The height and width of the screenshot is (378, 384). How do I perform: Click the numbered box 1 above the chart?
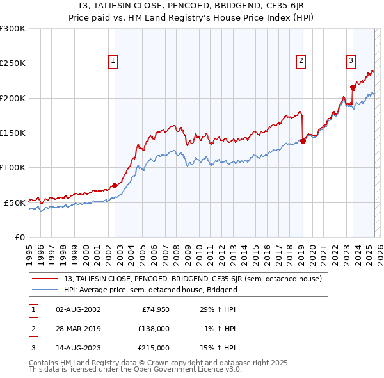[x=113, y=61]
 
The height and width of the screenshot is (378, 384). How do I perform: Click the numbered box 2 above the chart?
[x=301, y=61]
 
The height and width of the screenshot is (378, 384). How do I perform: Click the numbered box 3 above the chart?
[x=351, y=61]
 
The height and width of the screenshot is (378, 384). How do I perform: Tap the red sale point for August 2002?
[x=115, y=185]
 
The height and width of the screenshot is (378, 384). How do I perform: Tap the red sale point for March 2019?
[x=303, y=142]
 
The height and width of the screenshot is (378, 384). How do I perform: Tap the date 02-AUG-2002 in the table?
[x=77, y=309]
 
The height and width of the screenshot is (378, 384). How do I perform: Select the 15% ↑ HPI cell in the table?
[x=219, y=348]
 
